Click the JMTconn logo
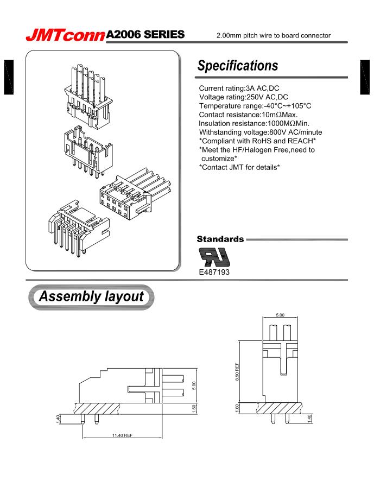(66, 35)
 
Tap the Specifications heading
(238, 66)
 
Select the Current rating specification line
(239, 88)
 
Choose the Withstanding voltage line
(261, 132)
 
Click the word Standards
(220, 239)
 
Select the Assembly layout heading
(91, 297)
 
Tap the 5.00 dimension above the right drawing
(280, 315)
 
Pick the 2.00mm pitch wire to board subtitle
(273, 36)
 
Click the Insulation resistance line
(254, 123)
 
